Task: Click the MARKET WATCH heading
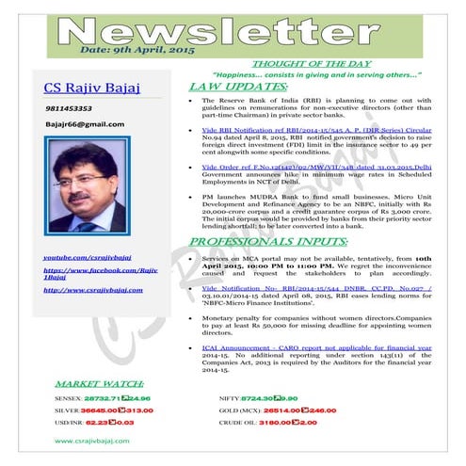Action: coord(99,385)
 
